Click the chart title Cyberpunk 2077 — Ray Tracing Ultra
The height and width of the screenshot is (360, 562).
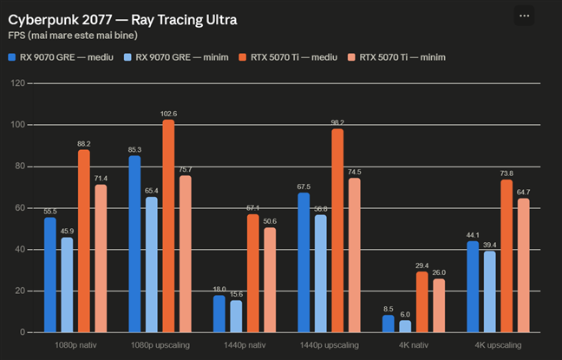[122, 20]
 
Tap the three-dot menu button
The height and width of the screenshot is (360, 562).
[524, 16]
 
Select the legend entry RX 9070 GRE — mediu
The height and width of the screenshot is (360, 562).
[61, 57]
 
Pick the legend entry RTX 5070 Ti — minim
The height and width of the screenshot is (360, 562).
[396, 57]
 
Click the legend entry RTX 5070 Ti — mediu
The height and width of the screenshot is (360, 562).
[288, 57]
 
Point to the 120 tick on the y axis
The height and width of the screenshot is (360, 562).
[18, 83]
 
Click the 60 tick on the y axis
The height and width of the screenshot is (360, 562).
[20, 208]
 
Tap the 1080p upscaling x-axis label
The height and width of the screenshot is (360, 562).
[160, 345]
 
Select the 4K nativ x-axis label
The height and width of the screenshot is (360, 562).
[414, 345]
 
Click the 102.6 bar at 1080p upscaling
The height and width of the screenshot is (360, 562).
[168, 226]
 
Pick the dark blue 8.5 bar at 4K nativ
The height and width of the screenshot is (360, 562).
[389, 324]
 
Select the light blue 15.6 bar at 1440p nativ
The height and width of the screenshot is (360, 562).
[236, 317]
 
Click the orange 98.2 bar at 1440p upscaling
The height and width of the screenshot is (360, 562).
[337, 231]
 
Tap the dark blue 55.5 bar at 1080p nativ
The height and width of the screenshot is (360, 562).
[50, 275]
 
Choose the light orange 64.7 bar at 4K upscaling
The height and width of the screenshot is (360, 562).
[524, 265]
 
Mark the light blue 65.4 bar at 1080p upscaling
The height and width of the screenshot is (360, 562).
[152, 265]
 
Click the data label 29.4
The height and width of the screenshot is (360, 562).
[422, 265]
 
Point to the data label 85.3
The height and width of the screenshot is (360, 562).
[134, 150]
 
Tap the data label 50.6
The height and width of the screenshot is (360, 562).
[270, 221]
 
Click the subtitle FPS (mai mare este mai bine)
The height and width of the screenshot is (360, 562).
[73, 36]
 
